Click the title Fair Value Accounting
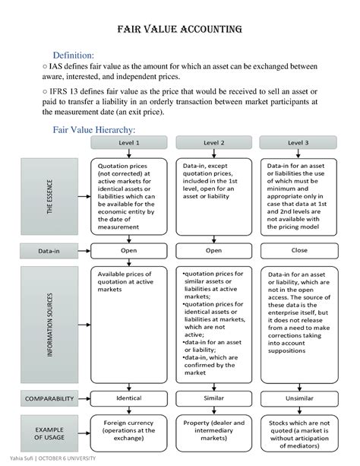click(x=179, y=30)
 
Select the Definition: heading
click(x=73, y=55)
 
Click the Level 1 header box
click(x=128, y=143)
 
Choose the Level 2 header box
click(x=213, y=143)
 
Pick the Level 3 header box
click(x=298, y=143)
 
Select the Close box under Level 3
click(x=298, y=249)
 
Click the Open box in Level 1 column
click(x=128, y=249)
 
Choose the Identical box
click(x=128, y=398)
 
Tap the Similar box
click(x=213, y=398)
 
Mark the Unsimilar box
click(x=298, y=398)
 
